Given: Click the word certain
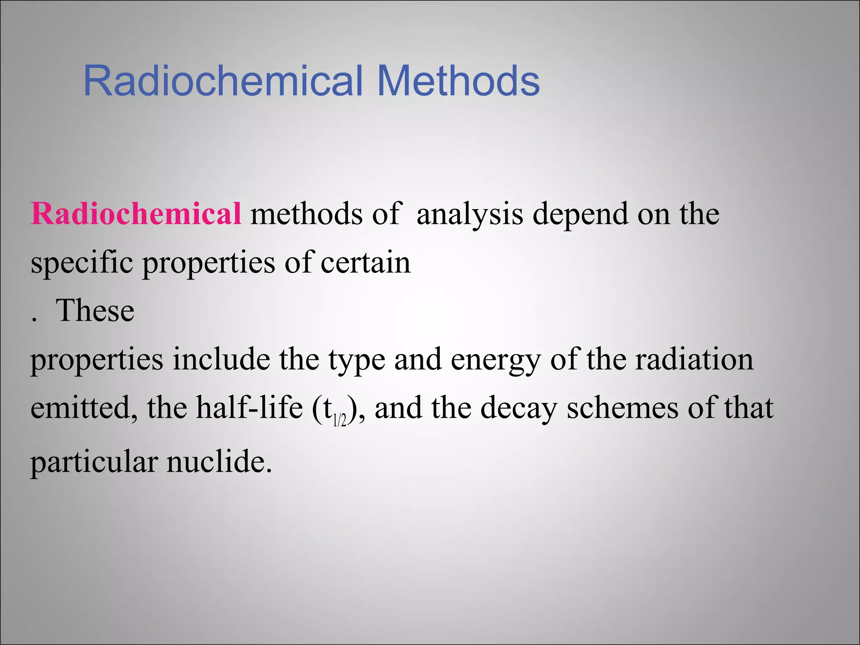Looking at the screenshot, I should tap(365, 262).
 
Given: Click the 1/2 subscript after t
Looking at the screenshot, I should tap(339, 420).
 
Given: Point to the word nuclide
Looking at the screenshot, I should tap(219, 461).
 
